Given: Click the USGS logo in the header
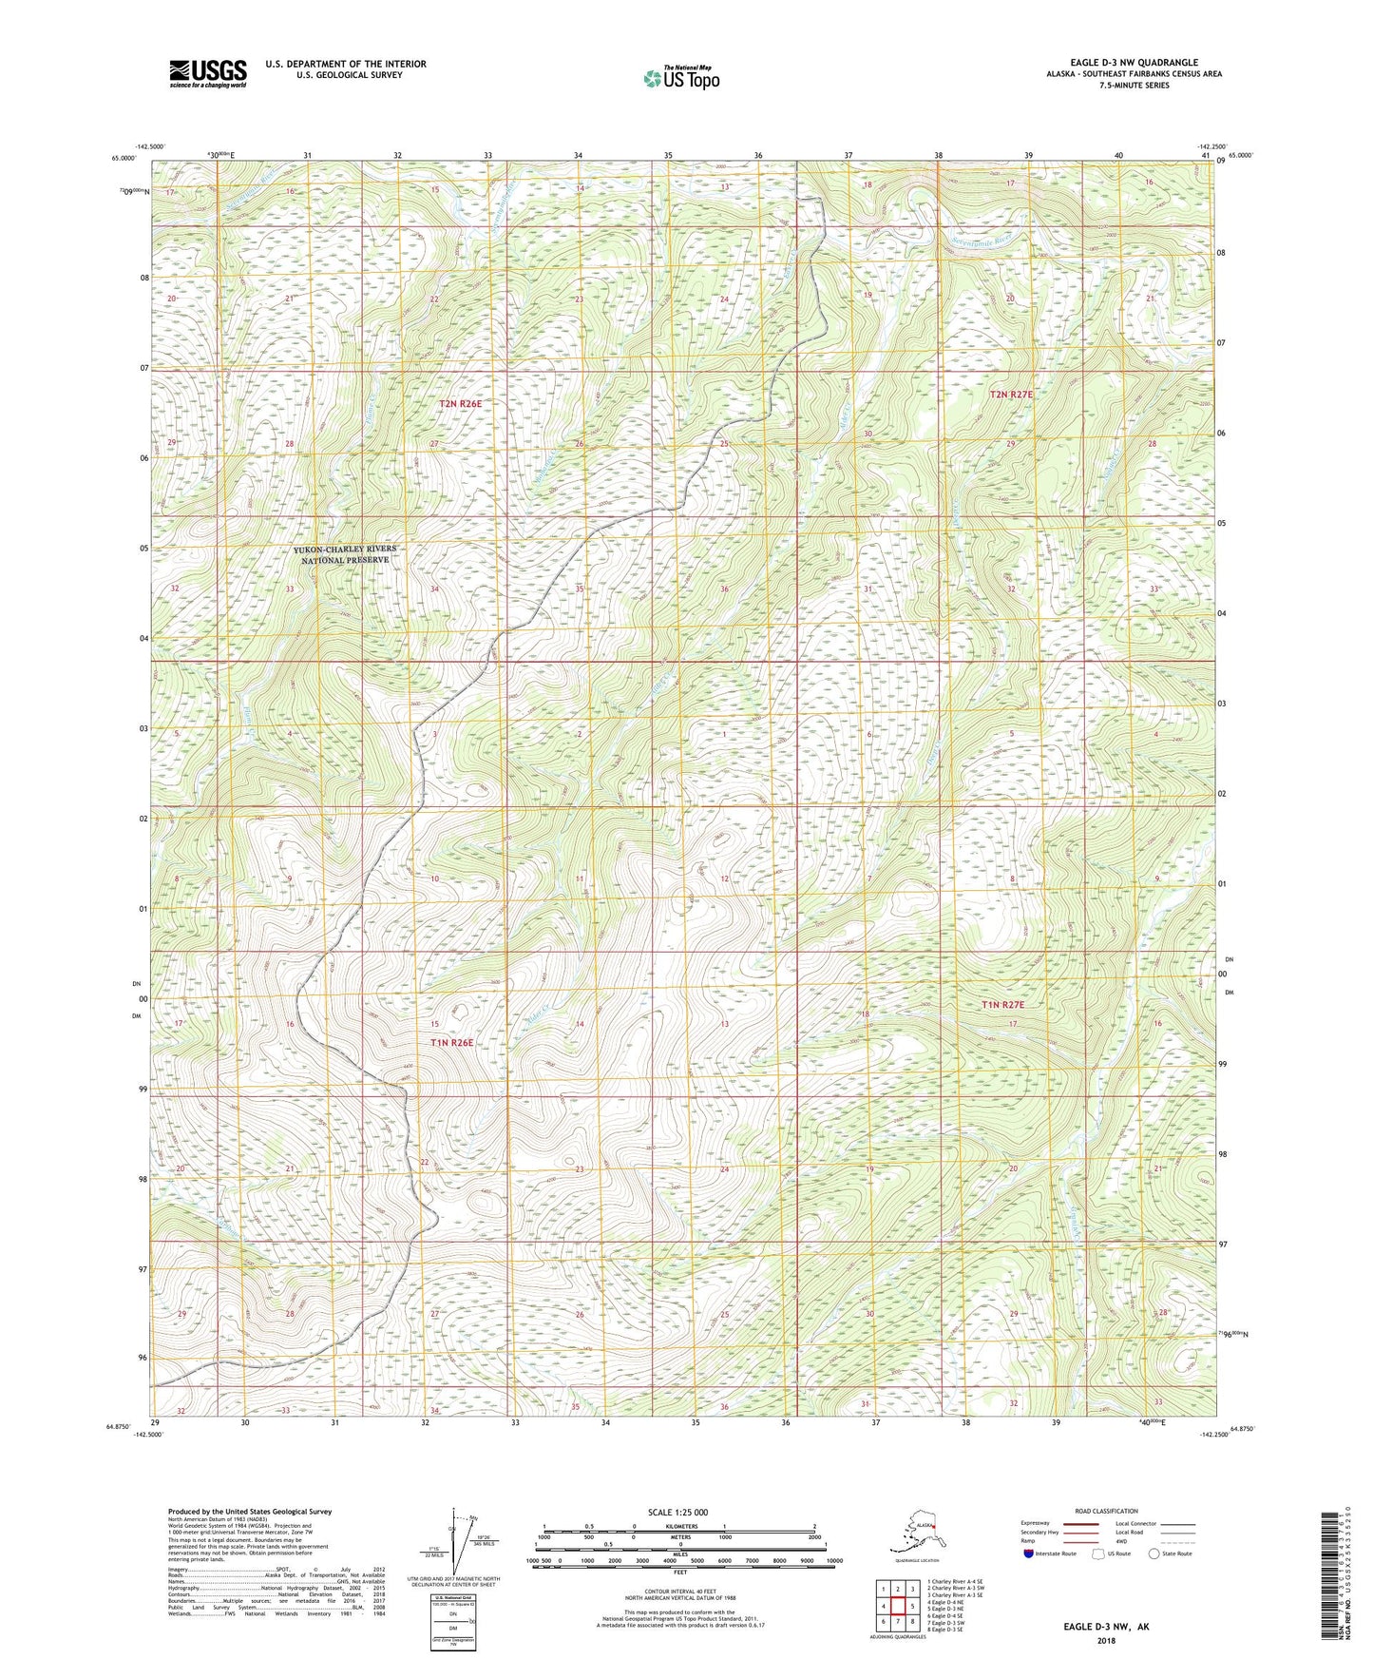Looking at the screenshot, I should pos(208,73).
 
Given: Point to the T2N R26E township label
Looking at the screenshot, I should pos(460,404).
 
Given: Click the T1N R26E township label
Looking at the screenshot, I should pos(451,1042).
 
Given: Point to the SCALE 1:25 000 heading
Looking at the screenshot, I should pos(677,1512).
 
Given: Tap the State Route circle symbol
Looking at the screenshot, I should pos(1154,1554).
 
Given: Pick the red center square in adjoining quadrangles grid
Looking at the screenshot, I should pos(897,1607).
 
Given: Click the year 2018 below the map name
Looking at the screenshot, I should pos(1106,1640).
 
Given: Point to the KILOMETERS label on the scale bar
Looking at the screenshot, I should pos(677,1526).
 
